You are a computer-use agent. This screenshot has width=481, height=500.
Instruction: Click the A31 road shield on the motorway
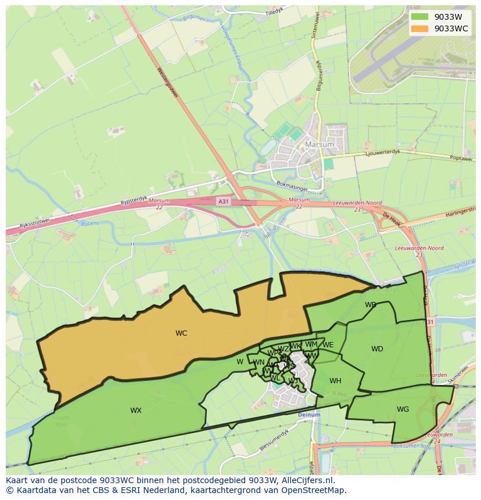click(x=223, y=201)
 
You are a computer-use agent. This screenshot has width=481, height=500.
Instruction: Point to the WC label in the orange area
click(x=181, y=333)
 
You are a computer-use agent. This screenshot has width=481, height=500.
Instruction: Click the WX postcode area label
click(x=135, y=411)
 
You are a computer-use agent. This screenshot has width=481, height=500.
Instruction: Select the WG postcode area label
click(x=403, y=409)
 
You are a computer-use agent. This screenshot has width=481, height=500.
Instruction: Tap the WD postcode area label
click(x=377, y=349)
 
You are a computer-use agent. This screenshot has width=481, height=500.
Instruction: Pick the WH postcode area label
click(x=335, y=381)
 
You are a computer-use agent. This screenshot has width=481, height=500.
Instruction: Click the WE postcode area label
click(x=328, y=345)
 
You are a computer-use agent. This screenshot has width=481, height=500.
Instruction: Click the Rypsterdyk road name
click(x=134, y=200)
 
